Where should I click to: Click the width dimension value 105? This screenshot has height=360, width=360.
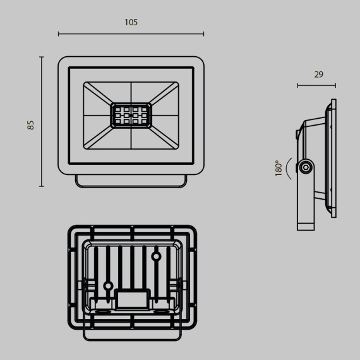click(x=131, y=22)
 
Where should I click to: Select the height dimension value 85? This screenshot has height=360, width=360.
click(x=30, y=124)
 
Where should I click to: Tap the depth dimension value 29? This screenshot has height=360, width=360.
click(x=318, y=75)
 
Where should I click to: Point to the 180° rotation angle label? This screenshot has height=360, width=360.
click(x=279, y=168)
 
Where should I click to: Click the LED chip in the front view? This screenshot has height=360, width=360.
click(x=131, y=116)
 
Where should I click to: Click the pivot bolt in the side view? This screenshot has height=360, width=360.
click(x=306, y=167)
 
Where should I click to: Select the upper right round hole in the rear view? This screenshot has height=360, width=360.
click(x=155, y=256)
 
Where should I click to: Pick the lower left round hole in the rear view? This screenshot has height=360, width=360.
click(x=108, y=286)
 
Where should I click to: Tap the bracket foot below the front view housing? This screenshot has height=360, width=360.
click(x=131, y=181)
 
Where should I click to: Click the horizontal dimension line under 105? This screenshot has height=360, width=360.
click(x=131, y=34)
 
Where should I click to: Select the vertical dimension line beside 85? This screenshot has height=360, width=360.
click(x=42, y=121)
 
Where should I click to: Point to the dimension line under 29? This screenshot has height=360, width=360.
click(x=316, y=85)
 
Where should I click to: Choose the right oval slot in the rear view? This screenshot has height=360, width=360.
click(x=162, y=311)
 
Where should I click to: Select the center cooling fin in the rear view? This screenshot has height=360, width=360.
click(x=132, y=265)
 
